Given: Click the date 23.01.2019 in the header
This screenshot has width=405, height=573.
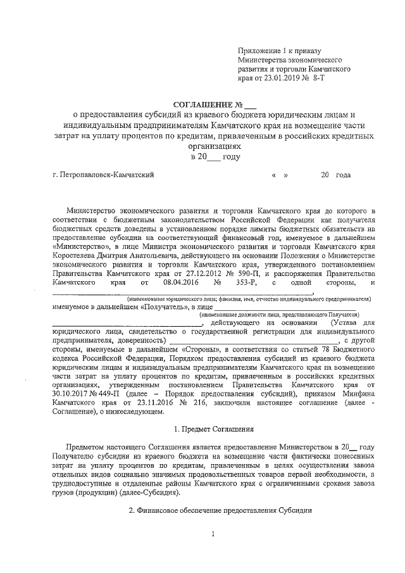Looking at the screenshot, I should click(282, 79).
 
